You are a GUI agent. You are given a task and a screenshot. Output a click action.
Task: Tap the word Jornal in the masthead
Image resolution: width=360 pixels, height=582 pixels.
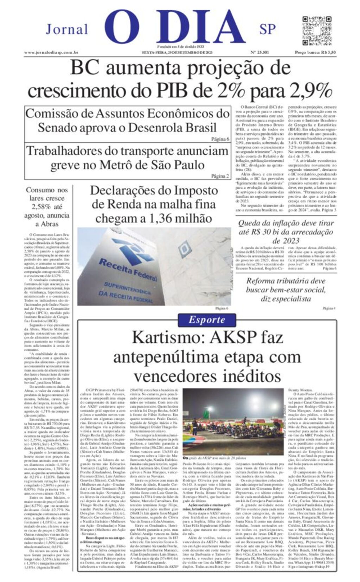(x=67, y=29)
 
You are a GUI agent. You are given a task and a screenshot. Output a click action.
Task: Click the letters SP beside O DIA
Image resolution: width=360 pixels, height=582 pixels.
(x=267, y=29)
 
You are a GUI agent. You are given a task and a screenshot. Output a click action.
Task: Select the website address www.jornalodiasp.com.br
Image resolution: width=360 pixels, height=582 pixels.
(x=51, y=52)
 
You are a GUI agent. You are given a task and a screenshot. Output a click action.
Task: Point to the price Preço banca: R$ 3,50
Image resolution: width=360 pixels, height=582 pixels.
(x=315, y=52)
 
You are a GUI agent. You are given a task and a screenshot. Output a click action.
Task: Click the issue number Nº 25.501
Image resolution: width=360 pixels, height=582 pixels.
(x=259, y=52)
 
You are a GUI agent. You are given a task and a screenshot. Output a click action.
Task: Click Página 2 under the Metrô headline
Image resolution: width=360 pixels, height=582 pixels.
(x=220, y=176)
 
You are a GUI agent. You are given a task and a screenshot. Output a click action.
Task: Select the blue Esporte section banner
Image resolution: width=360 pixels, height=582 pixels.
(x=206, y=319)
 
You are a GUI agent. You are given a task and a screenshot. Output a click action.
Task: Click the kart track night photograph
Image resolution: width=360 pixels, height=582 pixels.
(x=233, y=421)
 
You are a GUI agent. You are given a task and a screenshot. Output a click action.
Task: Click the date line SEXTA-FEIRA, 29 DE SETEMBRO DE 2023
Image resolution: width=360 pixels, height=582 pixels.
(x=178, y=52)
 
